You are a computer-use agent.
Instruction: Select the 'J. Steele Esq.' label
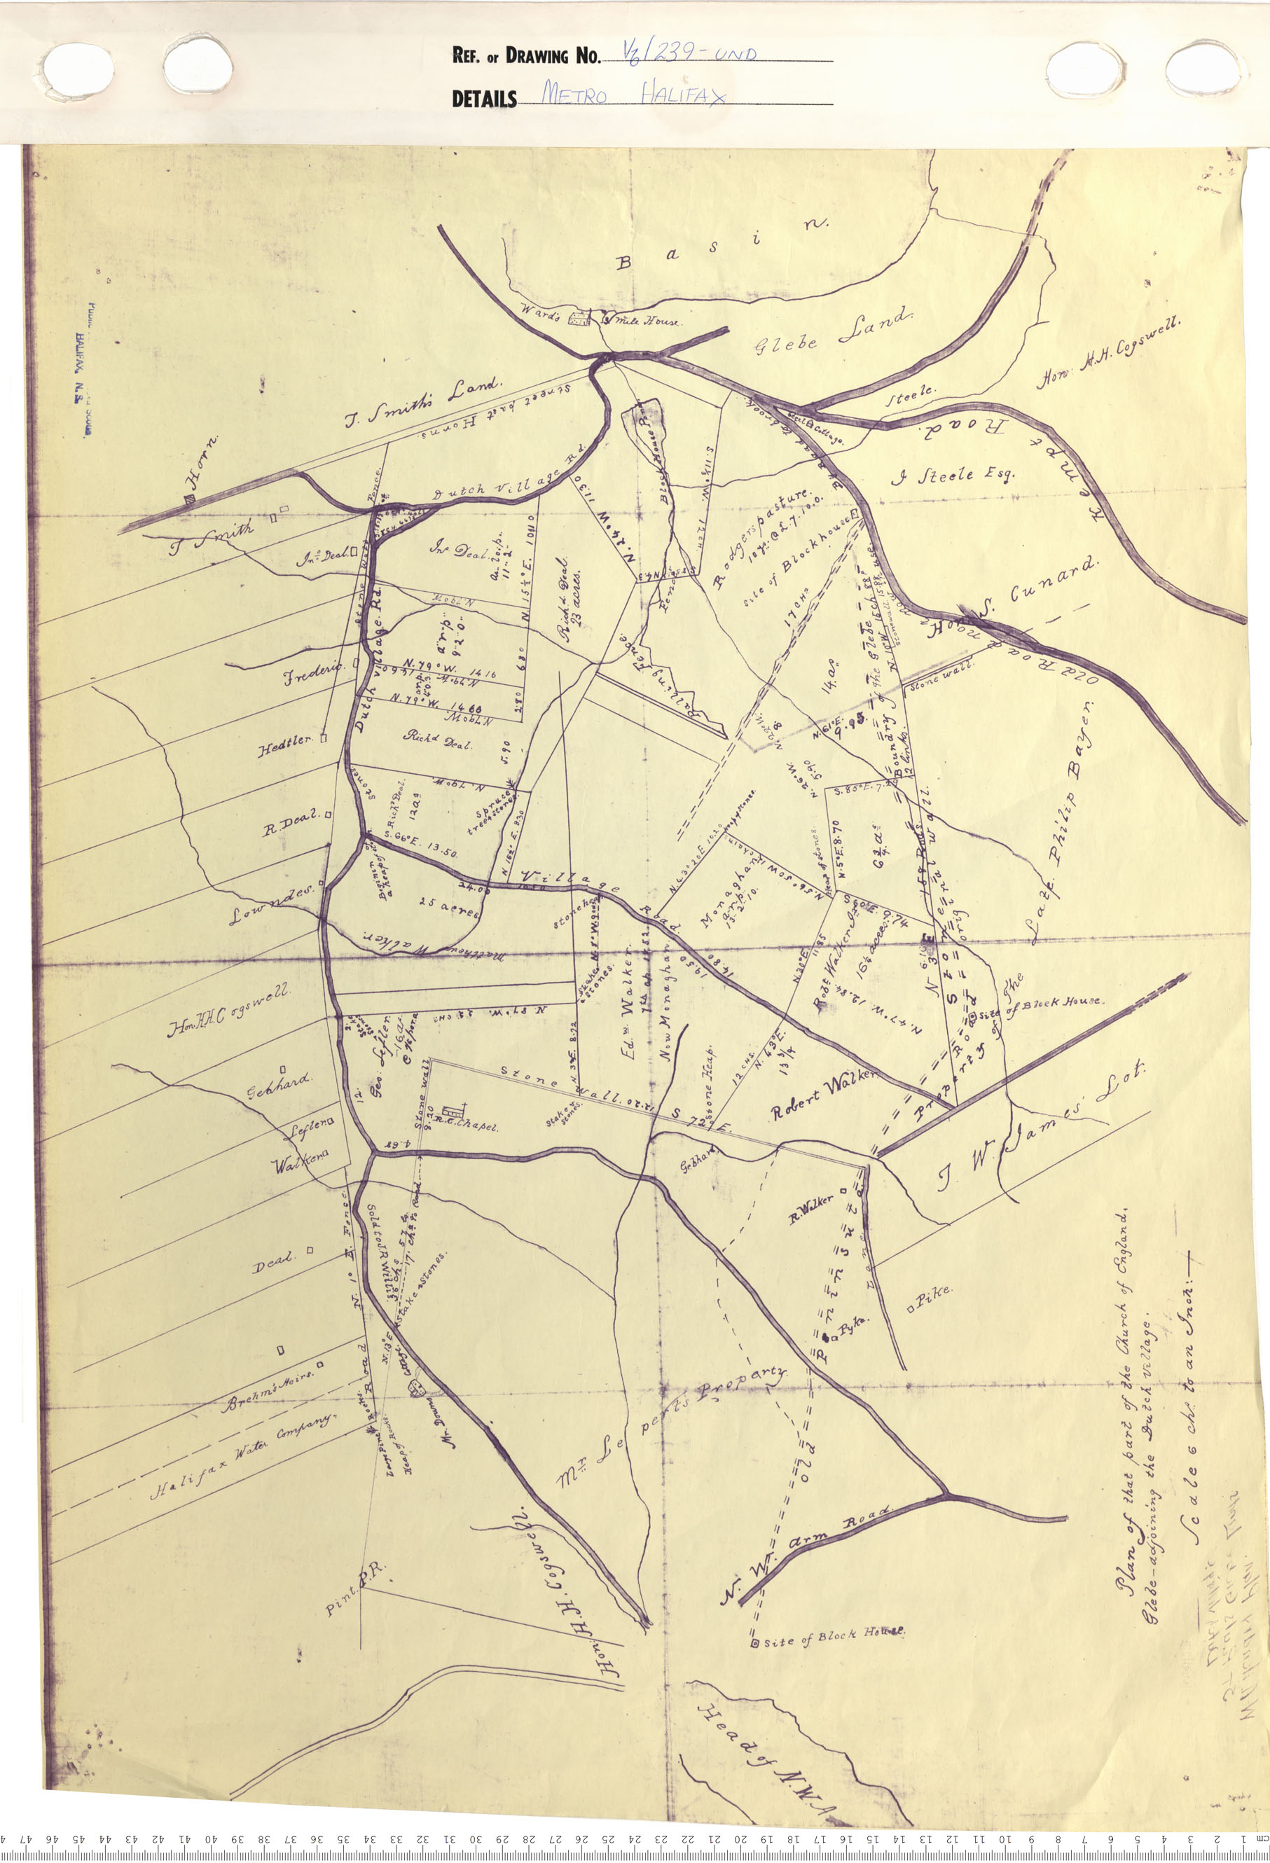(x=953, y=476)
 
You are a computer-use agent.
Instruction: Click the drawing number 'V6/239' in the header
(x=689, y=55)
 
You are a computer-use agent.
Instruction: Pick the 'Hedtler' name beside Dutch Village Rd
(x=284, y=745)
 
